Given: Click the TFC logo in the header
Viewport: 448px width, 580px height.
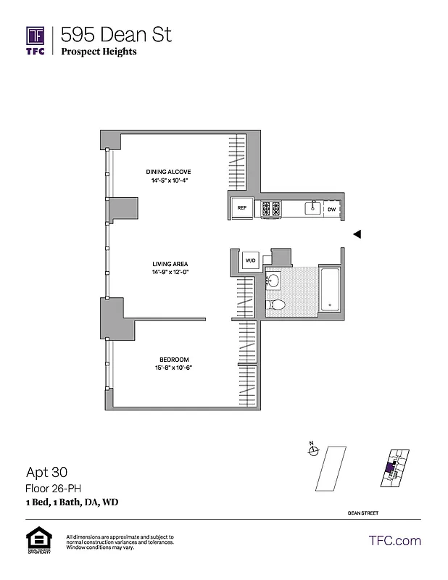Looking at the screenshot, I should (36, 41).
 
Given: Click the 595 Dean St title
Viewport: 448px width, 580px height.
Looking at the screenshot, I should (116, 34).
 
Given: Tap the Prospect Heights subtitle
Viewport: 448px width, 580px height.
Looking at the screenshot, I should (99, 51).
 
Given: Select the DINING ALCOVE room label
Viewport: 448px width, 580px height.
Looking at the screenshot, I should (168, 172).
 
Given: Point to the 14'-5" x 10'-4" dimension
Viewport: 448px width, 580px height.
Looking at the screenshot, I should (168, 181).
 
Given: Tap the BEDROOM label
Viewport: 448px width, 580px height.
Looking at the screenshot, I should (174, 360).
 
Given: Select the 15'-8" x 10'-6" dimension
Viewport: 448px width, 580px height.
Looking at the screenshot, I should (174, 368).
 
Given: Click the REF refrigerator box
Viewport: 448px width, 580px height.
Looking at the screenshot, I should (242, 209).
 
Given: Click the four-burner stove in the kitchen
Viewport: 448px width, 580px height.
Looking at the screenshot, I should (271, 209).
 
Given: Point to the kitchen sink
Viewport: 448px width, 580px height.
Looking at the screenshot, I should (312, 208).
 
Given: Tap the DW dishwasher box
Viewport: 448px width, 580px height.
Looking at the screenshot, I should (331, 209).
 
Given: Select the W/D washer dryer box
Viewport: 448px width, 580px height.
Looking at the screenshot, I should (250, 260).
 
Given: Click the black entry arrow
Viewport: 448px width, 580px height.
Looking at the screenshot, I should (356, 233).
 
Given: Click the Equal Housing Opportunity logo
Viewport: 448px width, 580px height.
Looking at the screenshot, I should (36, 540).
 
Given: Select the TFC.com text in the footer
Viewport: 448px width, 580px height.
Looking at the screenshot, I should (394, 540).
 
